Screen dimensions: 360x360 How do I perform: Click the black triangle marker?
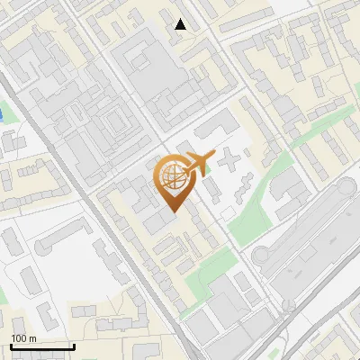[x=181, y=24]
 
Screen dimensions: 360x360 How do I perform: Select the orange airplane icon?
[x=201, y=162]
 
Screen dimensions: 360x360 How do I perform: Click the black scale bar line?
[x=41, y=346]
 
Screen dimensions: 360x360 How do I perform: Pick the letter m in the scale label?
[x=32, y=338]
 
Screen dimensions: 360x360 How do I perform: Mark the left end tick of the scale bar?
[x=10, y=345]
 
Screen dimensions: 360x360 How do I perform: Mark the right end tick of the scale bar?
[x=73, y=345]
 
